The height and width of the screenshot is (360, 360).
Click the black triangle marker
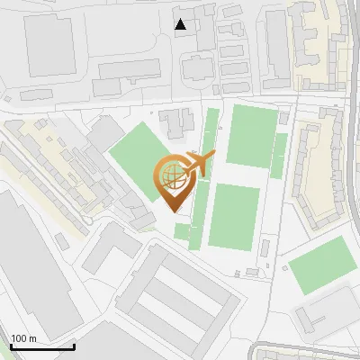[x=181, y=23]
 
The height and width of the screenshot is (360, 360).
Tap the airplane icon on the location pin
[x=198, y=164]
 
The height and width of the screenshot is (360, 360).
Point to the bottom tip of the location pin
[x=175, y=212]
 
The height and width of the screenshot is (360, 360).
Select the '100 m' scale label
[x=23, y=338]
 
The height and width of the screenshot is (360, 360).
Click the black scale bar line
[x=41, y=346]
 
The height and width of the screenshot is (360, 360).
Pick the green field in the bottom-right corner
[x=321, y=265]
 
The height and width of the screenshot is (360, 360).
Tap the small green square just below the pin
[x=183, y=231]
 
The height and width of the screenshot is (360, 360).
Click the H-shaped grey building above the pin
[x=176, y=123]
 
